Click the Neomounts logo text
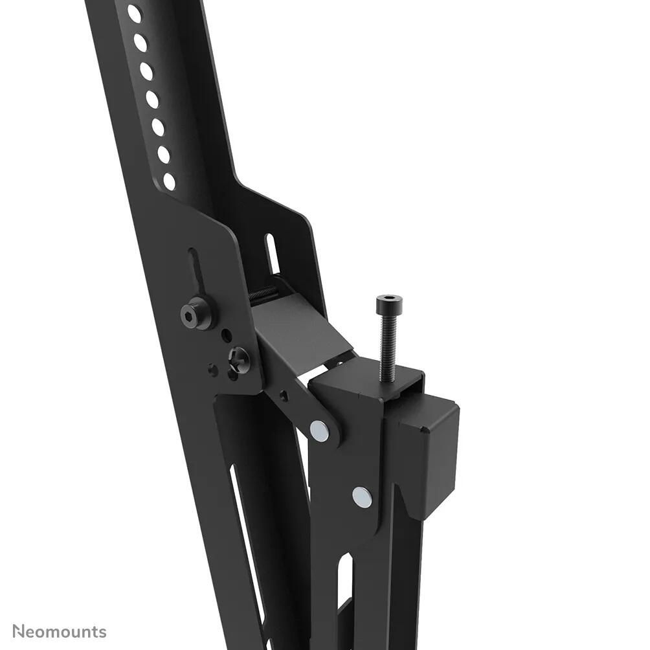click(60, 631)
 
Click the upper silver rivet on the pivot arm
click(319, 429)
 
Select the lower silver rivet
click(363, 497)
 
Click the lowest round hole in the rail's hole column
click(169, 181)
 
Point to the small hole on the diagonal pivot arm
click(284, 393)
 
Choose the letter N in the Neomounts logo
click(19, 631)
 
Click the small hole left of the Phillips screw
click(213, 369)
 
